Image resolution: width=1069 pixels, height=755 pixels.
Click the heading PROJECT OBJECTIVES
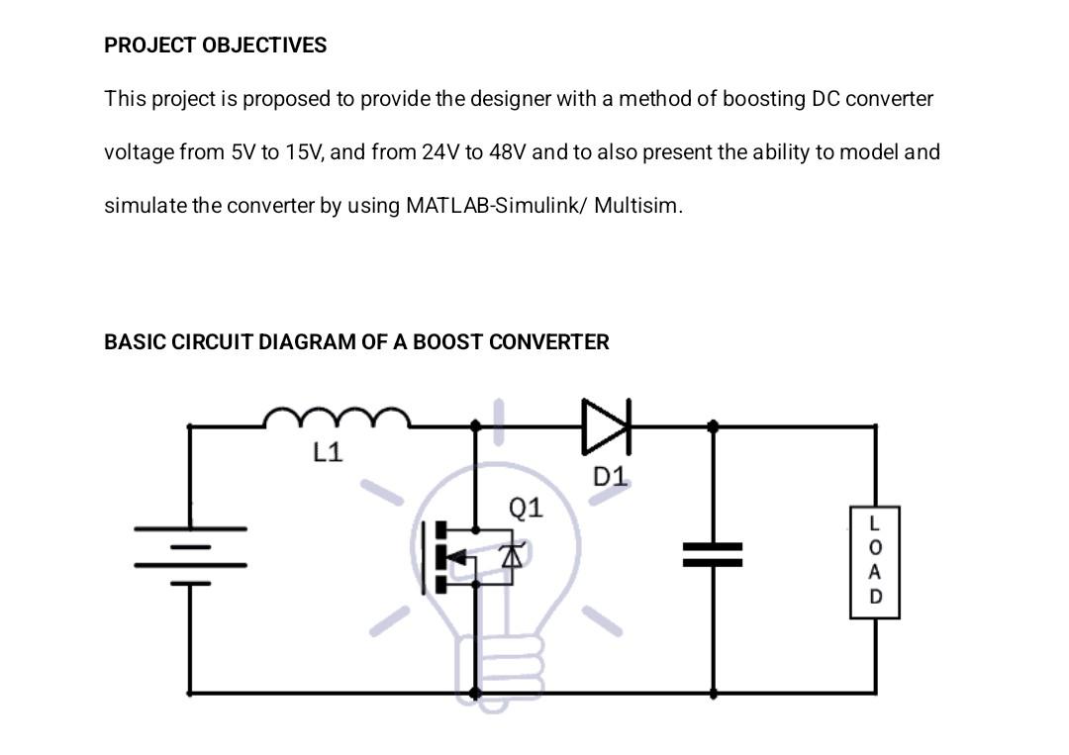(x=215, y=46)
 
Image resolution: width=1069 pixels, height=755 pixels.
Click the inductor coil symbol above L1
(x=337, y=419)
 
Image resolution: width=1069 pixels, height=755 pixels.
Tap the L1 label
(x=328, y=452)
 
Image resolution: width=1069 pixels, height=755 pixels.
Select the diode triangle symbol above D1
(x=605, y=425)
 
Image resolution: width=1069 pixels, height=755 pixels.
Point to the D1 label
(x=610, y=477)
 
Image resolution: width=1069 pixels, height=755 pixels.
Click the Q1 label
(x=526, y=508)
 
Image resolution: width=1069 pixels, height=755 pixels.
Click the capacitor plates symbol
(x=713, y=555)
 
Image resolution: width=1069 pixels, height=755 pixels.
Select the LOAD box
(x=874, y=562)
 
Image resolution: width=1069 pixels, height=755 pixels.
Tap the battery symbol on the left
(x=190, y=555)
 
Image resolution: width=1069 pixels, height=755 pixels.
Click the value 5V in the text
(x=243, y=152)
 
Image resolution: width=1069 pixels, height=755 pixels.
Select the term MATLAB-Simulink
(x=495, y=206)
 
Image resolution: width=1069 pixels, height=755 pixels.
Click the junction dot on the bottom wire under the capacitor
(x=714, y=694)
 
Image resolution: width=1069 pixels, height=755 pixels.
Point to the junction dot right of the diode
(x=713, y=425)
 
